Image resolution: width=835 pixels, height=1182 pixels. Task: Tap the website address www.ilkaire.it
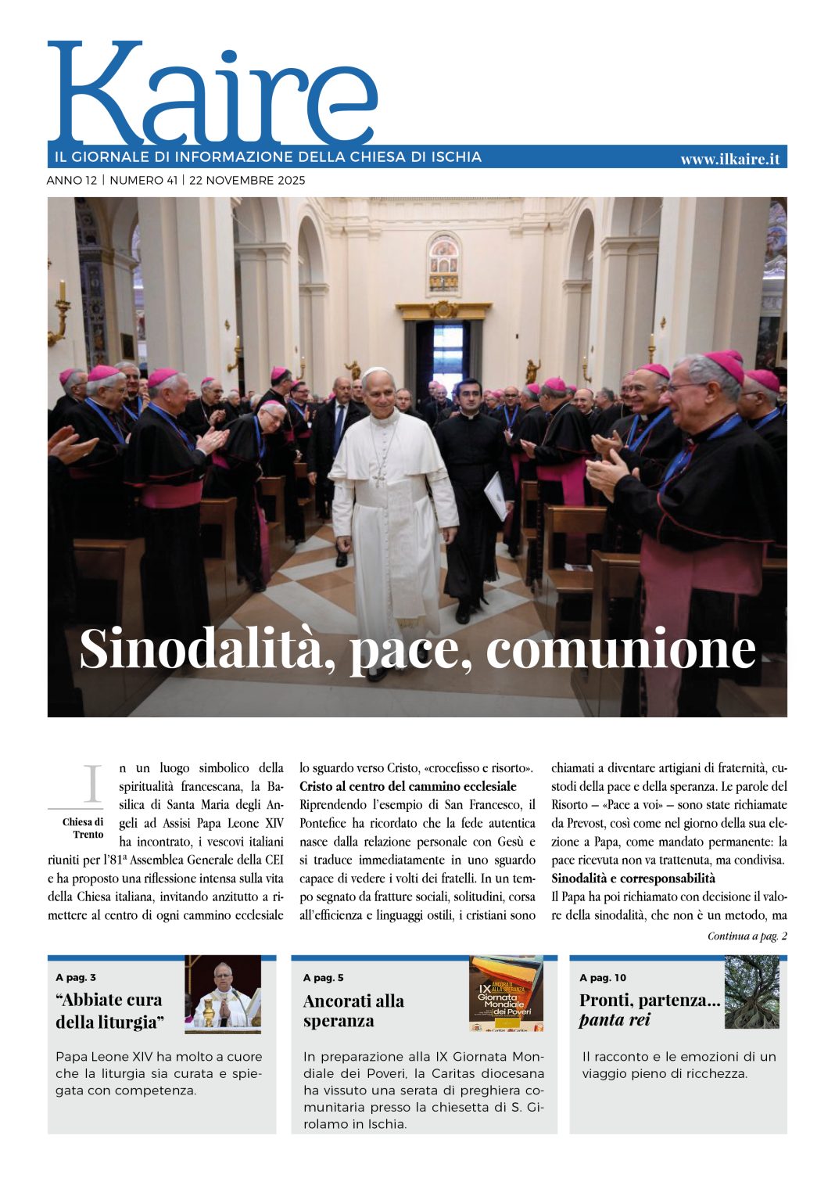729,159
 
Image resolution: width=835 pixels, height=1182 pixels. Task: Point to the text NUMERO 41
143,181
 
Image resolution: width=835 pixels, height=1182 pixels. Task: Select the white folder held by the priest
496,495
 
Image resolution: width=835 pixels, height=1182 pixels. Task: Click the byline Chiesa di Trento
83,828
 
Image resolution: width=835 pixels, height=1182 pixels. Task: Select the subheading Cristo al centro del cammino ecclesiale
408,786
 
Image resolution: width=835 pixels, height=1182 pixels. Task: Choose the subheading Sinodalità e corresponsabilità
633,878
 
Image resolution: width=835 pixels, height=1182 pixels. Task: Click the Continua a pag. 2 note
747,936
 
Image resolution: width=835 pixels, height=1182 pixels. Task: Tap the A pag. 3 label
76,978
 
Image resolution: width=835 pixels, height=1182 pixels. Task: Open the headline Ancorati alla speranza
353,1011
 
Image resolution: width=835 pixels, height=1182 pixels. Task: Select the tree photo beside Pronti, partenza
751,992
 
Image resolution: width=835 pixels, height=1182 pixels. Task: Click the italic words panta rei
615,1020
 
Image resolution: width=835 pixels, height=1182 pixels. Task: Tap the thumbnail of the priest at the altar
223,994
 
